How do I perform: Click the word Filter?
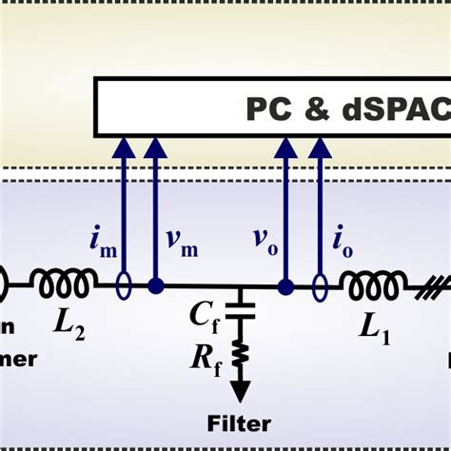[240, 423]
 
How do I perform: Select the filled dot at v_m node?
[155, 284]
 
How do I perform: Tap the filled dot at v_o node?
[284, 284]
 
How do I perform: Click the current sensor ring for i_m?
[124, 284]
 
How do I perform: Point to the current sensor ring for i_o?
[319, 284]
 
